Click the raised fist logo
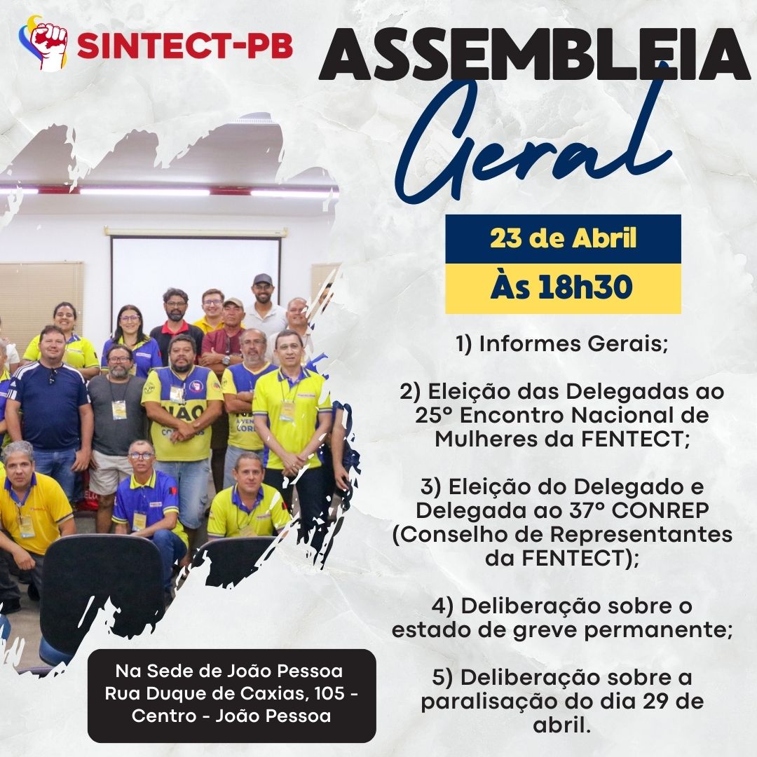[x=43, y=43]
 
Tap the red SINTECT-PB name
[x=185, y=46]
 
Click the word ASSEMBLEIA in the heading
[x=534, y=54]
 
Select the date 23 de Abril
[x=564, y=238]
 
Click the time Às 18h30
[x=561, y=287]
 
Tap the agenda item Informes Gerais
[x=562, y=343]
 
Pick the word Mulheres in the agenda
[x=489, y=439]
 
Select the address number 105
[x=329, y=693]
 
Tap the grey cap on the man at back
[x=263, y=279]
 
